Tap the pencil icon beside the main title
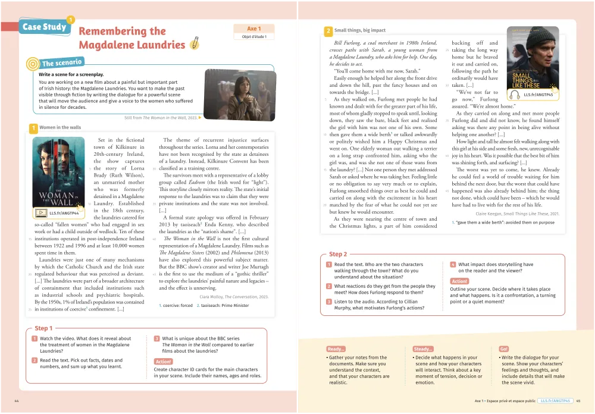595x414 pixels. [194, 44]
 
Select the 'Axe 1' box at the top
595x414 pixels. [254, 29]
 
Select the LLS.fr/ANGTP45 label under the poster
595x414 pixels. [538, 95]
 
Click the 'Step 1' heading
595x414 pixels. [43, 328]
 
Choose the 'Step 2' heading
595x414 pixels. [339, 254]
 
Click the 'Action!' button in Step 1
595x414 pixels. [163, 362]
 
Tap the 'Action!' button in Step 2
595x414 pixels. [459, 281]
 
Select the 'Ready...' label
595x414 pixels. [336, 349]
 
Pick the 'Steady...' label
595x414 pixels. [423, 349]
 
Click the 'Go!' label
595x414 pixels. [504, 349]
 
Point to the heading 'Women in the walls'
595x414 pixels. [60, 127]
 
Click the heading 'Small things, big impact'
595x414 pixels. [360, 30]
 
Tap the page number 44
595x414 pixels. [17, 401]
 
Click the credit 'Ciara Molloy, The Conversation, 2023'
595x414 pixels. [234, 296]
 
